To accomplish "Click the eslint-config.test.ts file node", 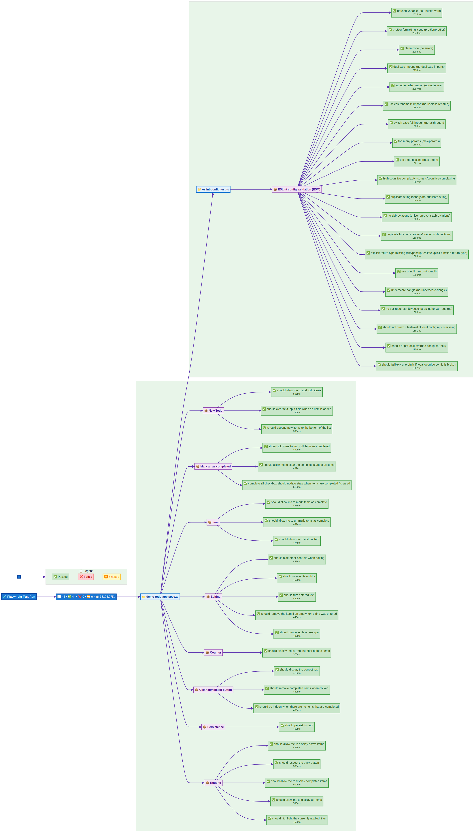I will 213,189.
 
